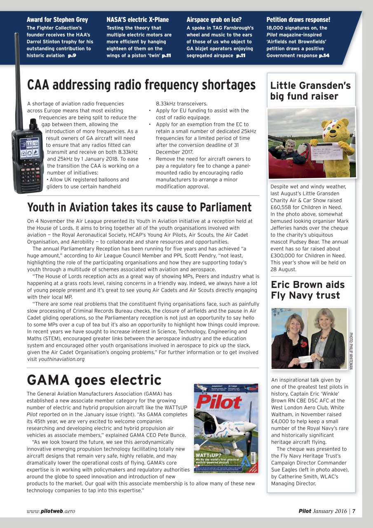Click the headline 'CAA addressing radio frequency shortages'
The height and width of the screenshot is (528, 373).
click(141, 85)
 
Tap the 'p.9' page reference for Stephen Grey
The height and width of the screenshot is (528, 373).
click(72, 55)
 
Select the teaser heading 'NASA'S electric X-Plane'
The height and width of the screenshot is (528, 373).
click(137, 20)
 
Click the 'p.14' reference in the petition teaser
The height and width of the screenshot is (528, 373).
click(324, 55)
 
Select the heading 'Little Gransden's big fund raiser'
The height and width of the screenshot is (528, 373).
click(310, 91)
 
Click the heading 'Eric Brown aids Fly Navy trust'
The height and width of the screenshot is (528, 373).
click(307, 290)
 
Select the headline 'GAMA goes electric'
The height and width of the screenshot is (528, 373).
click(94, 379)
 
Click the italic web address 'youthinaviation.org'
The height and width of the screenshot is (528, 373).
click(61, 359)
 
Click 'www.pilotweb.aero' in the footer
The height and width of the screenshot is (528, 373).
click(51, 511)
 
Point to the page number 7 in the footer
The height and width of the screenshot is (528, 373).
click(354, 511)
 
